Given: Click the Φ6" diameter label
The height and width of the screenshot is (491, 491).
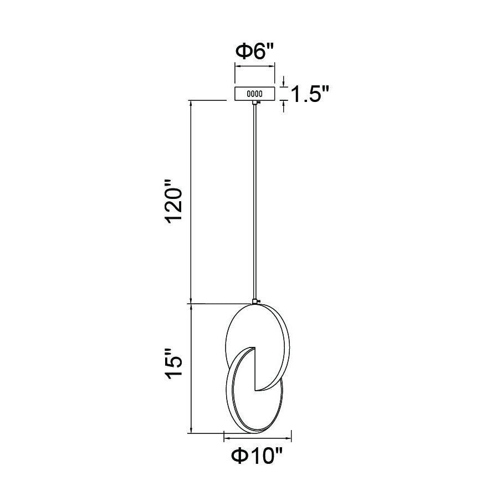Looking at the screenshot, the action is (255, 52).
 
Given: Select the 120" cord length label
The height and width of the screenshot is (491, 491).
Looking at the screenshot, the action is (174, 202).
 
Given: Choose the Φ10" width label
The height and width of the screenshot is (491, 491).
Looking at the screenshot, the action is (257, 456).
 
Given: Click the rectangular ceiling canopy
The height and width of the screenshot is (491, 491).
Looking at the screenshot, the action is (255, 94).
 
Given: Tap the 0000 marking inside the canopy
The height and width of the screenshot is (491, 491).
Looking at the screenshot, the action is (255, 94).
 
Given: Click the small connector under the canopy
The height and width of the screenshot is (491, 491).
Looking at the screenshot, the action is (255, 103).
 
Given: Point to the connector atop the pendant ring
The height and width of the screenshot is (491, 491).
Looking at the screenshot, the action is (255, 301).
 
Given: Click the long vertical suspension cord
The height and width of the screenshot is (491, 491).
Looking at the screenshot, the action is (255, 202).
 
